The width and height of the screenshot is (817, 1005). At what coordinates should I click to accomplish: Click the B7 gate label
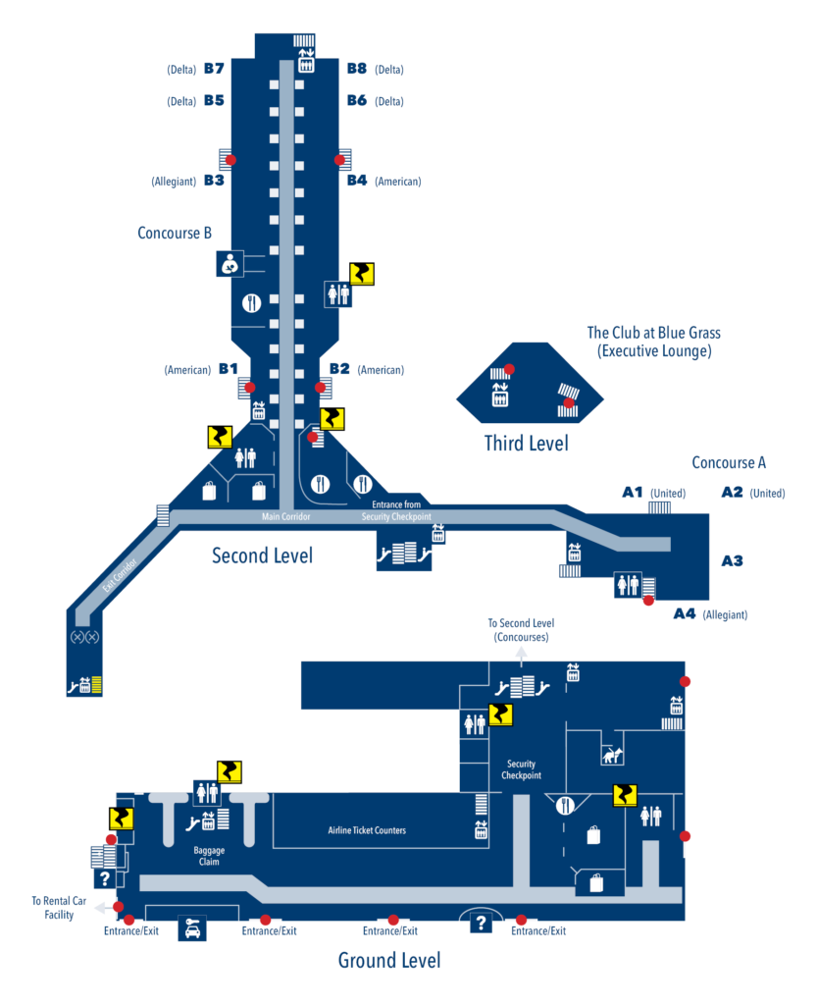pos(214,69)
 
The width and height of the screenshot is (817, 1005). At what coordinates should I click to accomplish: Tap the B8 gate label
pos(357,69)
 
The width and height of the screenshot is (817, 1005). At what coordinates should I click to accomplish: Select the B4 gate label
pos(357,181)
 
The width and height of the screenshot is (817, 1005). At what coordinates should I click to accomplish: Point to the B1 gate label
pos(229,369)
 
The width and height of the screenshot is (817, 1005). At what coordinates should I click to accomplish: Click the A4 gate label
pos(685,613)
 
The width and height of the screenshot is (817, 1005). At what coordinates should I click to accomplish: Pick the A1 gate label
pos(633,492)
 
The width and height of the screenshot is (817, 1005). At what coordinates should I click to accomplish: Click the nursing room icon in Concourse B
pos(229,263)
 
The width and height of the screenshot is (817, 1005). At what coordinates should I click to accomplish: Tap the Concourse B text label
pos(175,233)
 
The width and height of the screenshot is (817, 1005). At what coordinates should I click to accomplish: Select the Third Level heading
pos(527,444)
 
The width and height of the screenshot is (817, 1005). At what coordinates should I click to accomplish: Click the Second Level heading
pos(262,555)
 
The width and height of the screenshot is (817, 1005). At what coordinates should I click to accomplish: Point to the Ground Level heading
pos(389,959)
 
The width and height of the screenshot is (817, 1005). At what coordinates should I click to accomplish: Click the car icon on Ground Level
pos(191,927)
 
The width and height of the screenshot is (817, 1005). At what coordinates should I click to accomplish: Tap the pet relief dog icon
pos(612,754)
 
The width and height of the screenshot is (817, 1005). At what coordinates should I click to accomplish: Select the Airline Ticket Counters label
pos(366,830)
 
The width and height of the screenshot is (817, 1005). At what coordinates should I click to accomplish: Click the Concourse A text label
pos(728,462)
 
